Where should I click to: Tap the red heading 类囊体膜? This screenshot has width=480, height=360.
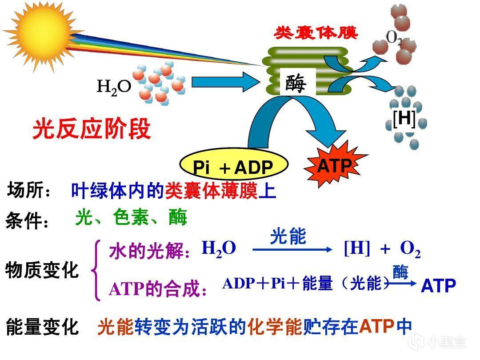pos(316,33)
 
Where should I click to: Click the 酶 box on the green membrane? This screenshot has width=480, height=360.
pos(297,82)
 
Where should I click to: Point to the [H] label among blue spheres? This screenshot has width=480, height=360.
pos(404,119)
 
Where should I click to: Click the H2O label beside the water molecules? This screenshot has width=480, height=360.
pos(114,87)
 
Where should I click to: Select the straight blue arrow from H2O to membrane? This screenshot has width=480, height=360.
pos(226,82)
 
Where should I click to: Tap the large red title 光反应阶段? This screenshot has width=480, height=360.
pos(92,129)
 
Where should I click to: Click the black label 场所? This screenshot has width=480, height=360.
pos(29,190)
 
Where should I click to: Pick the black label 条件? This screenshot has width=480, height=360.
pos(27,220)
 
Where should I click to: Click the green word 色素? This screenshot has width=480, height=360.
pos(131,218)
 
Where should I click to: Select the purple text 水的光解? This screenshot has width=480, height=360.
pos(150,251)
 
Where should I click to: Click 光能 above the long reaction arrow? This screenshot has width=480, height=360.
pos(288,236)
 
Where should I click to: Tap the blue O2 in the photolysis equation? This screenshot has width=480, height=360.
pos(410,249)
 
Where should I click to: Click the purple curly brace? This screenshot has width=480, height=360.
pos(96,271)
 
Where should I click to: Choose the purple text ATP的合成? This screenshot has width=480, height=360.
pos(158,289)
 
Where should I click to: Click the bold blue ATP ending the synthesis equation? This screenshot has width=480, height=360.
pos(438,286)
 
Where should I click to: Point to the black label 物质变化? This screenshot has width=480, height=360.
pos(42,270)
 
